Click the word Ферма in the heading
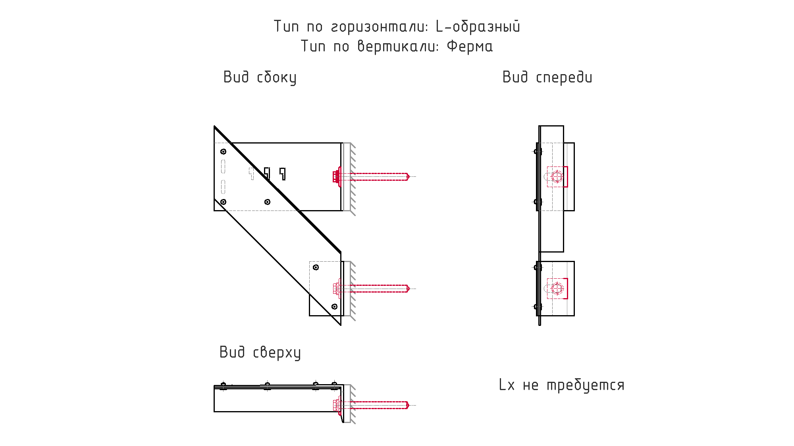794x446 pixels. click(470, 46)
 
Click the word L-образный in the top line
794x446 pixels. click(478, 27)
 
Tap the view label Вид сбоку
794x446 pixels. click(260, 77)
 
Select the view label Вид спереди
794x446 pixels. click(547, 77)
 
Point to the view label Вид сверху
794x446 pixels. click(260, 352)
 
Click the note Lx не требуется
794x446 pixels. click(561, 385)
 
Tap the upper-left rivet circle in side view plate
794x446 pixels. click(224, 151)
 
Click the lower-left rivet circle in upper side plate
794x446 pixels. click(224, 202)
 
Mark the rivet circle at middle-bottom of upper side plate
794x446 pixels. click(268, 202)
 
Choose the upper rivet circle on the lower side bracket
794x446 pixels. click(316, 267)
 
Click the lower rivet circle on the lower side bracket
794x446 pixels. click(334, 306)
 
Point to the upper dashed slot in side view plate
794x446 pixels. click(224, 167)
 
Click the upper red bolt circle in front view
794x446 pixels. click(557, 176)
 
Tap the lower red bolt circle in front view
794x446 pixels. click(557, 289)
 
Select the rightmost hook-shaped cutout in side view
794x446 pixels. click(283, 173)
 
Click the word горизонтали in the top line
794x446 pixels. click(380, 27)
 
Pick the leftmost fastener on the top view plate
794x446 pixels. click(223, 385)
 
